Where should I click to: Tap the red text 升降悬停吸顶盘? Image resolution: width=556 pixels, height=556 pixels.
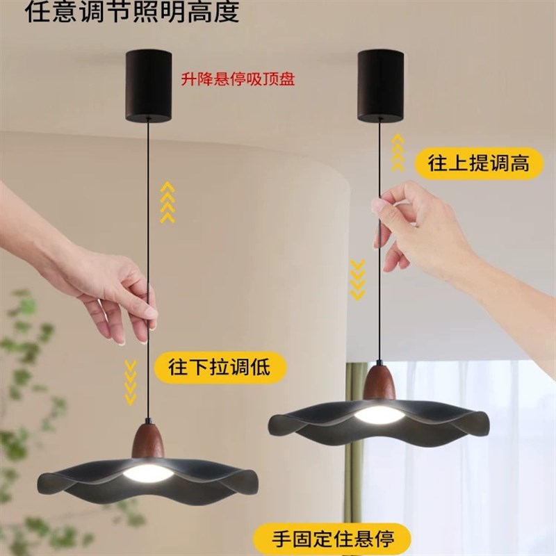click(238, 79)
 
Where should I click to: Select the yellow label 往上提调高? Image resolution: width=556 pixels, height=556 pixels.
click(479, 163)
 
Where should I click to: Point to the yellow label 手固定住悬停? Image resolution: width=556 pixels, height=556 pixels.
click(332, 539)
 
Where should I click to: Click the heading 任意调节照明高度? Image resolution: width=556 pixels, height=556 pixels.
click(132, 12)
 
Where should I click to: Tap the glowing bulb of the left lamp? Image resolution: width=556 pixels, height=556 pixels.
click(149, 474)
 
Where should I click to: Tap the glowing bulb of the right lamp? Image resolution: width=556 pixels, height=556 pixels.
click(379, 415)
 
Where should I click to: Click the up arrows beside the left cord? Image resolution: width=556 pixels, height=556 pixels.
click(167, 202)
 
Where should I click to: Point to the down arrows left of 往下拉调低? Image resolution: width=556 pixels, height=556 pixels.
click(130, 381)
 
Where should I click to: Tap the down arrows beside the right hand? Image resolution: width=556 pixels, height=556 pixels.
click(357, 279)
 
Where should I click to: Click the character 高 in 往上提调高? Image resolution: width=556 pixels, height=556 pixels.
click(518, 163)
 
